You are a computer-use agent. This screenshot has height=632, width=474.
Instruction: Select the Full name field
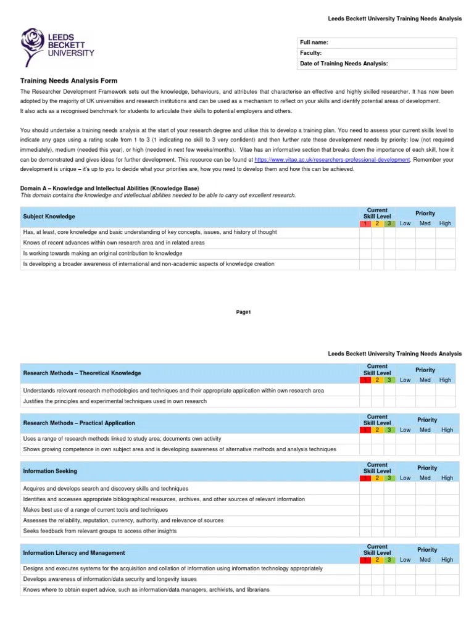pyautogui.click(x=377, y=43)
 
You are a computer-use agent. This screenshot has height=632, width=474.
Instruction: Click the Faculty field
pyautogui.click(x=377, y=53)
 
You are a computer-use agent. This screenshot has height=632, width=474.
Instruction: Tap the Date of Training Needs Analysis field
pyautogui.click(x=377, y=64)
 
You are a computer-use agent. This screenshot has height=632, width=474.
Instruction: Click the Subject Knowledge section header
pyautogui.click(x=49, y=217)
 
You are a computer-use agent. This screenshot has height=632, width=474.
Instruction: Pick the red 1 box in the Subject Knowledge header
pyautogui.click(x=365, y=223)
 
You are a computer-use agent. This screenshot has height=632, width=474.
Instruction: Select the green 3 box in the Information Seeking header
pyautogui.click(x=389, y=478)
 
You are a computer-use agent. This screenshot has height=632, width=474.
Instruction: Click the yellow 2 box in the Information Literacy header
pyautogui.click(x=377, y=560)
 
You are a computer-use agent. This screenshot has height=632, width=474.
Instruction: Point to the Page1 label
pyautogui.click(x=244, y=312)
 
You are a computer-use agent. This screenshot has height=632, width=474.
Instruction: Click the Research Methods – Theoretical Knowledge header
pyautogui.click(x=81, y=373)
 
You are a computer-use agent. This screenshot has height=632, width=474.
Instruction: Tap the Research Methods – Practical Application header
pyautogui.click(x=78, y=423)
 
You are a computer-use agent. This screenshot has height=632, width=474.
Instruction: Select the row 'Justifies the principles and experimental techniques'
pyautogui.click(x=115, y=401)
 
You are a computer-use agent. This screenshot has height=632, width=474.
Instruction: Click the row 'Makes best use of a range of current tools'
pyautogui.click(x=95, y=510)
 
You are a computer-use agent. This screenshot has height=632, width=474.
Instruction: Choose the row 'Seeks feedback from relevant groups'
pyautogui.click(x=99, y=531)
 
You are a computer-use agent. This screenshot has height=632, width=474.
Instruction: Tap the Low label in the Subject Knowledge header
pyautogui.click(x=405, y=223)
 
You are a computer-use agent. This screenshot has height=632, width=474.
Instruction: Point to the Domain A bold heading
pyautogui.click(x=110, y=188)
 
